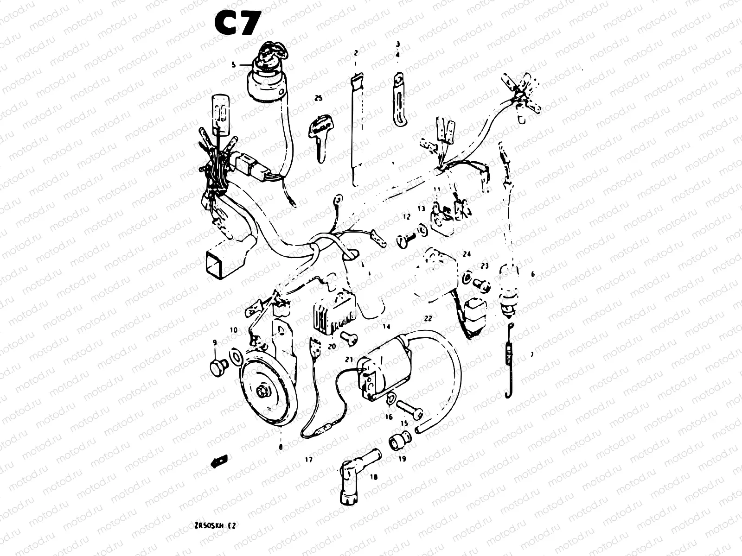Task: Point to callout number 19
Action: tap(402, 459)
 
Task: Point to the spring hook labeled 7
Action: tap(509, 361)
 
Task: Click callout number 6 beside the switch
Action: tap(532, 274)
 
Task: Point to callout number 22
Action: tap(428, 318)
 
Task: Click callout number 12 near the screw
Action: tap(406, 217)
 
